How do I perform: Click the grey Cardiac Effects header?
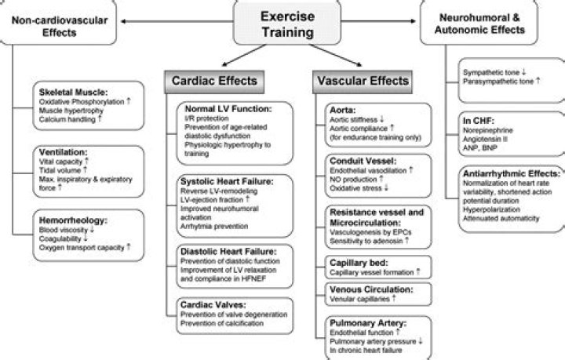coord(214,80)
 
